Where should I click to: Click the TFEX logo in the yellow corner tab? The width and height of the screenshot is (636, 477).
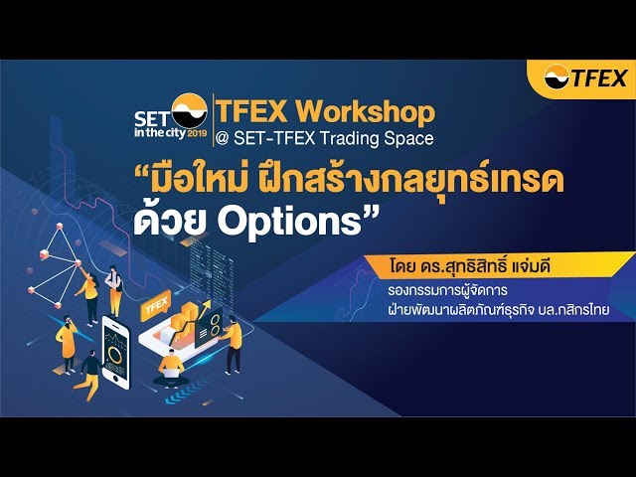click(x=585, y=78)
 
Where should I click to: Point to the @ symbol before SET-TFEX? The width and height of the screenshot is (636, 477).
click(x=223, y=138)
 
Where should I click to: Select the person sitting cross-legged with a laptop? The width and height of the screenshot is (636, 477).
click(x=172, y=365)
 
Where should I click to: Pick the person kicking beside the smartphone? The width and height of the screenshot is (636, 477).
click(x=90, y=373)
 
